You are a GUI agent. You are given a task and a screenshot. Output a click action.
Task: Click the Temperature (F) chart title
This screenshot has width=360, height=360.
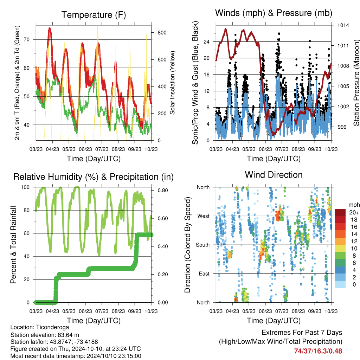click(94, 15)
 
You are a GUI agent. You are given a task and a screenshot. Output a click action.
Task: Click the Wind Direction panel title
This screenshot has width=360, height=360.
click(274, 175)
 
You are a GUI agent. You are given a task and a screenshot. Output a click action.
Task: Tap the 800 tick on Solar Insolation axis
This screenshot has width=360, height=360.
click(162, 33)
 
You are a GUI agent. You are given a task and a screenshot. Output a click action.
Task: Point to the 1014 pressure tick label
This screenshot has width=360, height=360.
click(343, 25)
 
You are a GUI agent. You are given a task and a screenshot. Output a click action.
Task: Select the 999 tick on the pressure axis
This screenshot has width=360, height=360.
click(342, 127)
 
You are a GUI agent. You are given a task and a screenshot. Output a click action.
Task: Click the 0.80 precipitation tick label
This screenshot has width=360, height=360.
click(163, 190)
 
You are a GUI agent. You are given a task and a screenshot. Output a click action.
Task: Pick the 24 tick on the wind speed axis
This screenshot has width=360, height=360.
click(206, 41)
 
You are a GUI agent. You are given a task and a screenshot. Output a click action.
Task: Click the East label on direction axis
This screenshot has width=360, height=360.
click(204, 274)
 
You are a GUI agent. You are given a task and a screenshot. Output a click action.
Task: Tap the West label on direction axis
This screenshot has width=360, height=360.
click(204, 216)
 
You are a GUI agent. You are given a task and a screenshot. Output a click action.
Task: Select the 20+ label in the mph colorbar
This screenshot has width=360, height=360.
click(354, 212)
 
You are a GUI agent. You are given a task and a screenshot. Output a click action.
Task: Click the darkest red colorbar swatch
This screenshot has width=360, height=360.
click(340, 212)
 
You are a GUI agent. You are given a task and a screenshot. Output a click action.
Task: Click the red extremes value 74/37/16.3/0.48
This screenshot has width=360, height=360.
click(318, 351)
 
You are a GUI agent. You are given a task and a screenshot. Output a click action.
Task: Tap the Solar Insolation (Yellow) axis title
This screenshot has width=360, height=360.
click(172, 83)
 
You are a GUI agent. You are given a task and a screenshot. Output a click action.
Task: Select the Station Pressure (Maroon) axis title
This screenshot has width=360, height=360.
click(356, 83)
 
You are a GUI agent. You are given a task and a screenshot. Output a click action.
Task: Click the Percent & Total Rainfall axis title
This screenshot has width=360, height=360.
click(13, 245)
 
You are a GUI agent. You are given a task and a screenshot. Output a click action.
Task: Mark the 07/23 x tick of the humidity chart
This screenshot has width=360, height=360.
click(102, 311)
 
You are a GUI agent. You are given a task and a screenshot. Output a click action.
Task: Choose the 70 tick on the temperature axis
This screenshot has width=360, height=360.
click(27, 39)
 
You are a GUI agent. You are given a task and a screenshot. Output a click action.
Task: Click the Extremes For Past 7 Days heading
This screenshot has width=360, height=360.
click(302, 333)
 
